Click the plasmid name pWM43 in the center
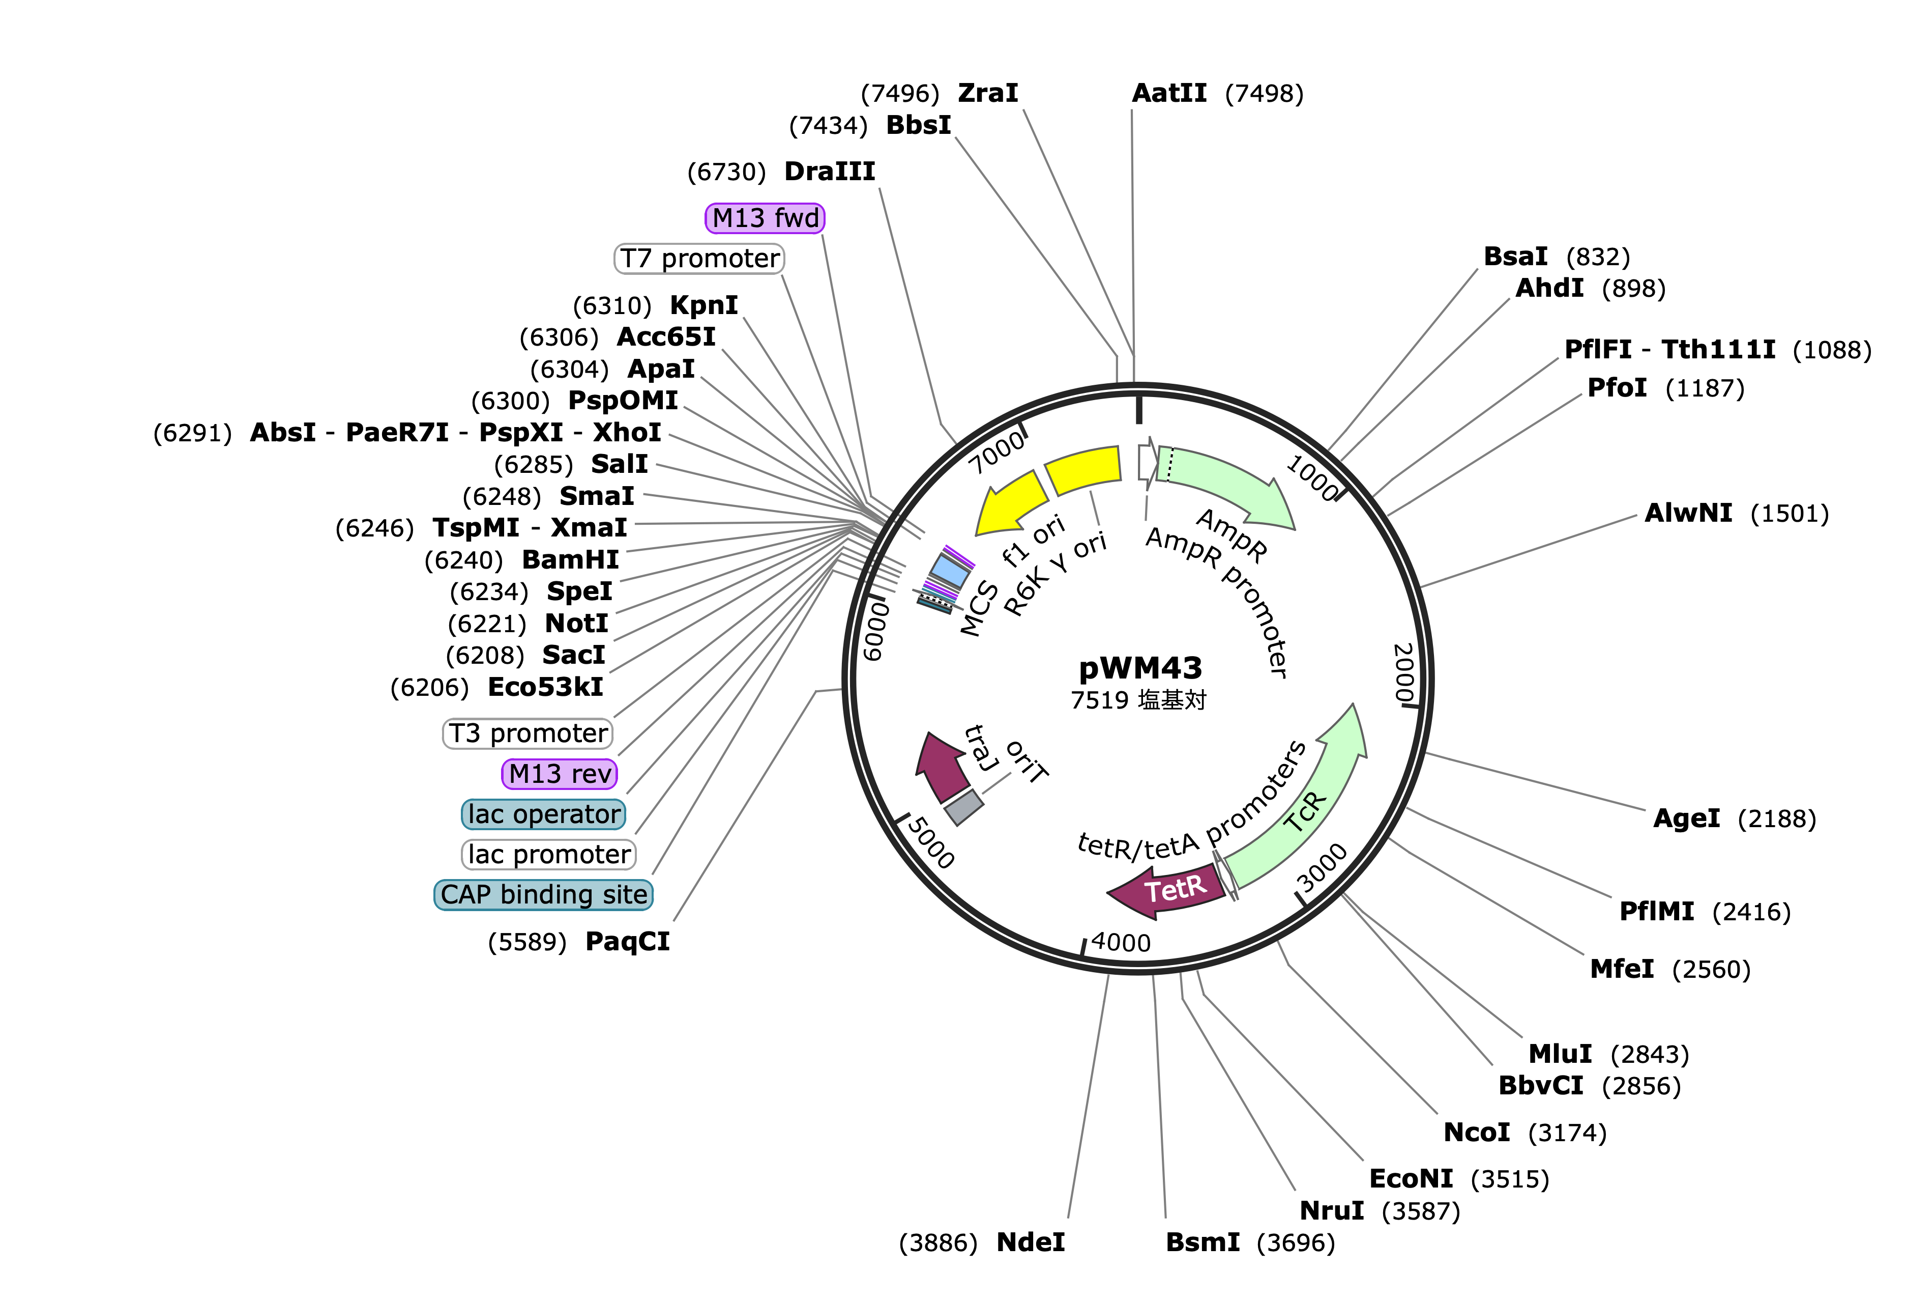(1140, 668)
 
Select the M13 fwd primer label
(765, 218)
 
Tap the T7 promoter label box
(699, 259)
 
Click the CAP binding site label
(543, 895)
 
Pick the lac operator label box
(543, 814)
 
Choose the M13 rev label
(559, 774)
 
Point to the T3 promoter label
(528, 733)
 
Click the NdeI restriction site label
(1031, 1242)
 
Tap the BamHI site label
(571, 560)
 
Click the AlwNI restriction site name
(1689, 514)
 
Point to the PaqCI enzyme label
(627, 942)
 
